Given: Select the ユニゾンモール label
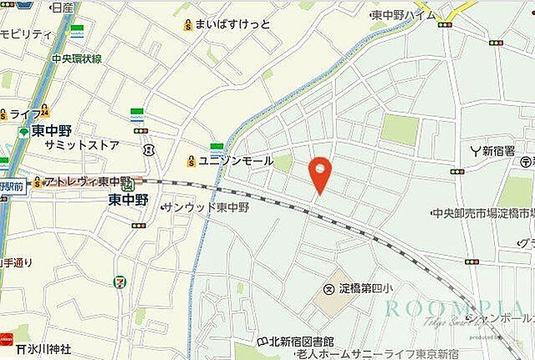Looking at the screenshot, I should tap(235, 160).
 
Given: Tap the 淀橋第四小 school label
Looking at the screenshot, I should tap(368, 289).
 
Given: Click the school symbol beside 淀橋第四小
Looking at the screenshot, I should tap(329, 289).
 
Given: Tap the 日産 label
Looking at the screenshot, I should tap(62, 8).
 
